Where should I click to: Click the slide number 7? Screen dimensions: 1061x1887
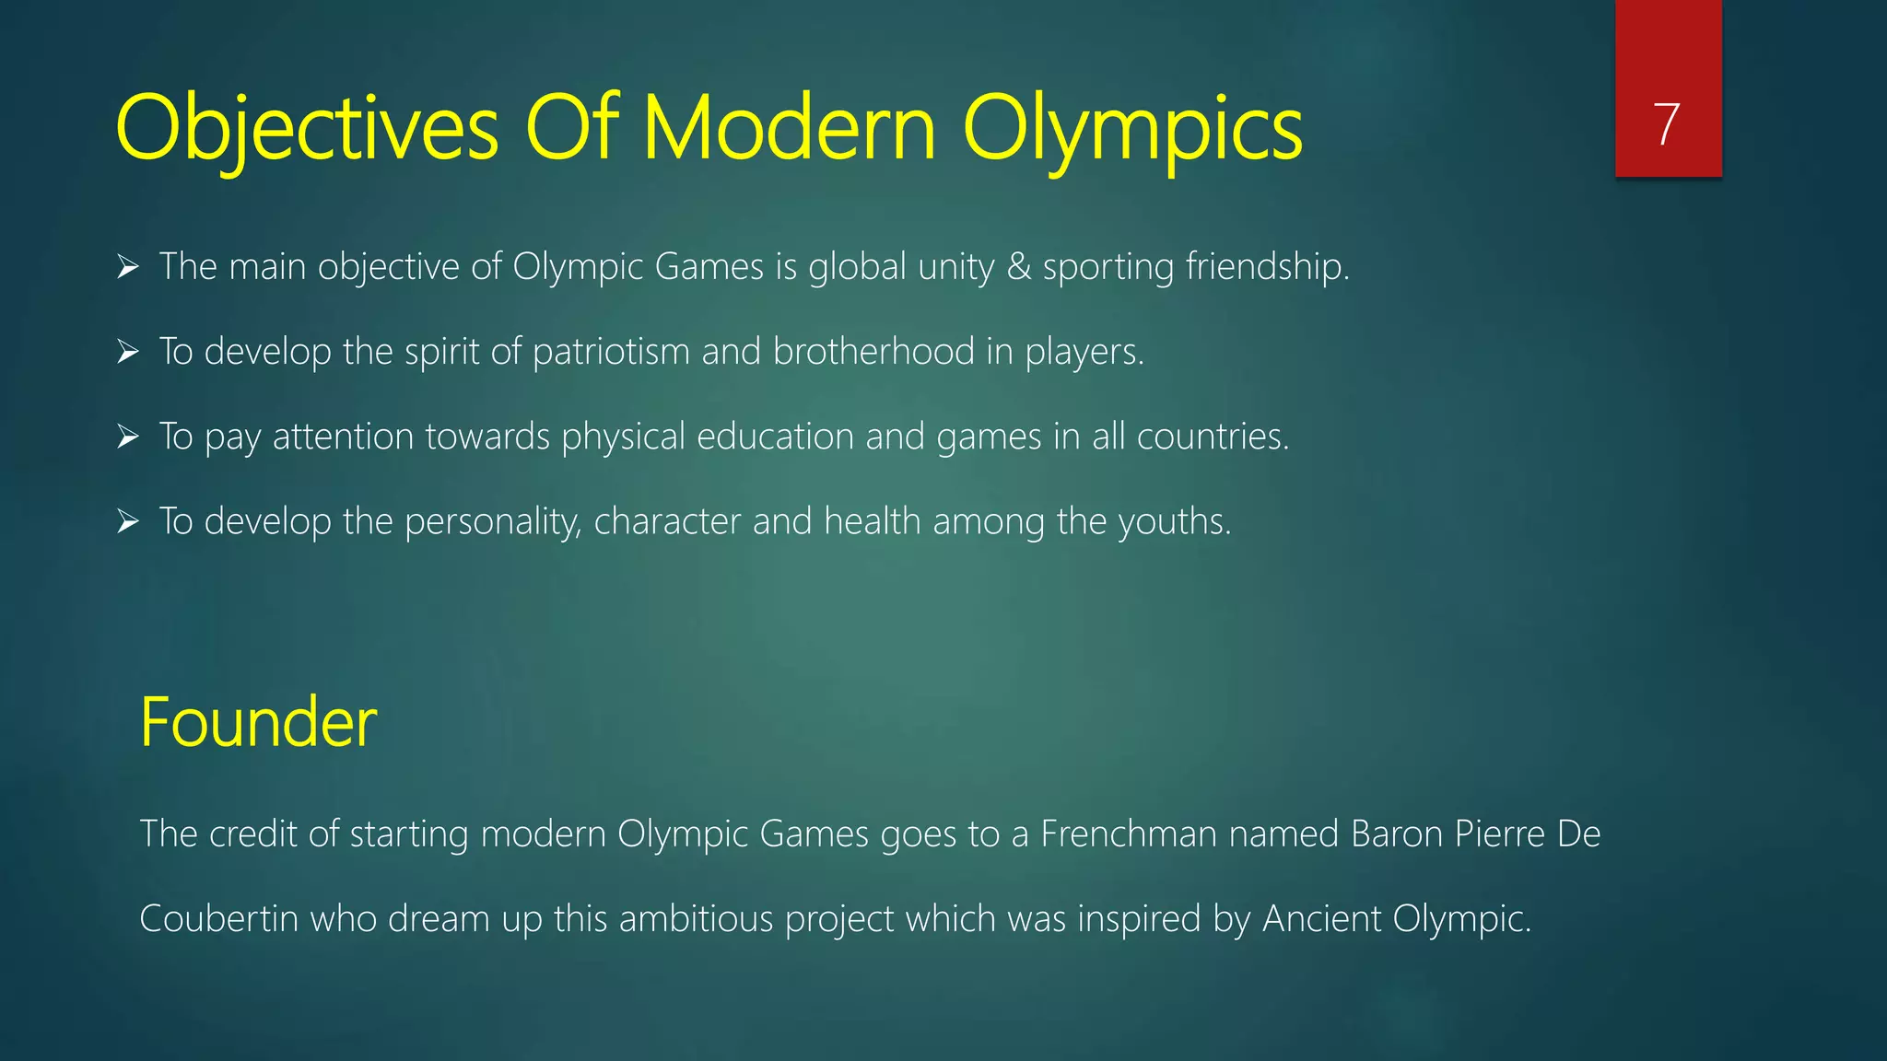[1667, 124]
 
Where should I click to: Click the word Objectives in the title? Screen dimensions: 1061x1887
[307, 128]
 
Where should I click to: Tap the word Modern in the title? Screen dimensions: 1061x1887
[790, 128]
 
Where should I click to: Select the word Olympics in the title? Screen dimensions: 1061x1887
[1132, 128]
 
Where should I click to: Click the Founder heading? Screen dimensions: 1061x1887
[258, 722]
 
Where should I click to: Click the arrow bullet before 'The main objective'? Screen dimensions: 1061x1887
[128, 268]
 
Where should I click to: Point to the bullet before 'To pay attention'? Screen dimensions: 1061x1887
[128, 437]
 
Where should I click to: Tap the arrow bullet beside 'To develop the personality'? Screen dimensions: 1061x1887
[128, 522]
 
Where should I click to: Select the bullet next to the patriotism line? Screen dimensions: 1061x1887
[128, 353]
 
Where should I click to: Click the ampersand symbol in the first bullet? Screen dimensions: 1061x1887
[1018, 267]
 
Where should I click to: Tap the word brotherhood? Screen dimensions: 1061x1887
[873, 352]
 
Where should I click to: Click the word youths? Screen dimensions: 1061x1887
[1175, 522]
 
